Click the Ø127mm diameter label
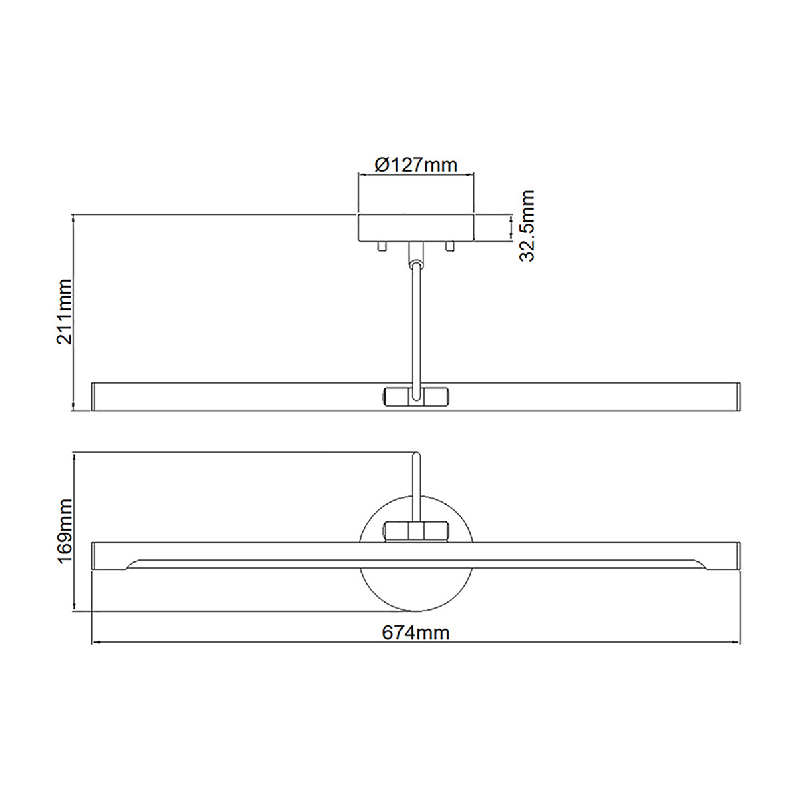pos(416,164)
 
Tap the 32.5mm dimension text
pos(527,226)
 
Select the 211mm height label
pos(65,311)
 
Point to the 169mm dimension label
pos(65,531)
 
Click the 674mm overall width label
pos(416,632)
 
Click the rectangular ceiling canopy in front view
pos(416,228)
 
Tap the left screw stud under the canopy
pos(382,246)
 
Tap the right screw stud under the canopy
pos(449,246)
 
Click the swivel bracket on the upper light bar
pos(416,396)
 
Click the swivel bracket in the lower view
pos(416,531)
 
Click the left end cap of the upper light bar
pos(94,396)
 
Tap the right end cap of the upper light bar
pos(738,396)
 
